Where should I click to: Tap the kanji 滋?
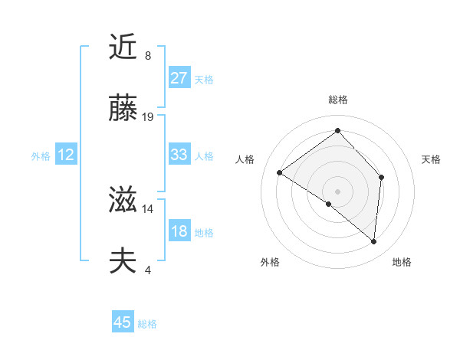pos(123,201)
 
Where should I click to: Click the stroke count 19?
pos(148,117)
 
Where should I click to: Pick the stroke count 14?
pos(148,208)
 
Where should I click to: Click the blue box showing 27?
pos(179,78)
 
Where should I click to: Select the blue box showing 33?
pos(179,155)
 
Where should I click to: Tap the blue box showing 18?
pos(179,231)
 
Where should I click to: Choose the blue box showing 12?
pos(66,155)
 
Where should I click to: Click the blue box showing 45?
pos(123,322)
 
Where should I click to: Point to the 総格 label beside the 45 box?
pos(147,324)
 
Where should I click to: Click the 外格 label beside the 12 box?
pos(41,156)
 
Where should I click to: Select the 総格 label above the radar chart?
pos(337,100)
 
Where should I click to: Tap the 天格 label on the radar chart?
pos(431,159)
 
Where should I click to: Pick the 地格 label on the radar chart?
pos(402,262)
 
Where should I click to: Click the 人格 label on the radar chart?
pos(245,159)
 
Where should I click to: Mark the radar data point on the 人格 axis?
pos(280,172)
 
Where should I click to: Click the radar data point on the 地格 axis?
pos(373,241)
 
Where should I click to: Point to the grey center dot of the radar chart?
pos(337,191)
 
